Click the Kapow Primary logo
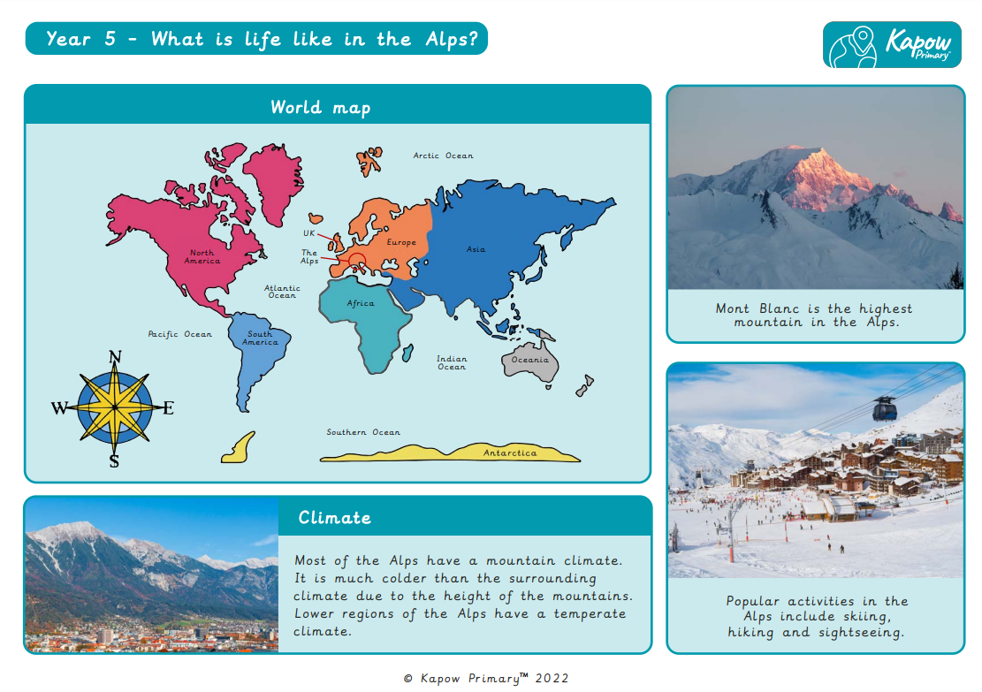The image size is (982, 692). coord(891,44)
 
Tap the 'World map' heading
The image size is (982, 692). coord(320,108)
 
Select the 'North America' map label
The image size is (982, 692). coord(202,257)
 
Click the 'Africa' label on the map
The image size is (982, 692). coord(360,303)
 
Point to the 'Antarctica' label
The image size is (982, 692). coord(509,453)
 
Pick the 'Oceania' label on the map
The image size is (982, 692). coord(529,360)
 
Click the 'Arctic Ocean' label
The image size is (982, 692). coord(443,156)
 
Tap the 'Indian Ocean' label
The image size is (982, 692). coord(451,362)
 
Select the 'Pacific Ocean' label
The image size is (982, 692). coord(179,334)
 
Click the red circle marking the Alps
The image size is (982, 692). coord(356,261)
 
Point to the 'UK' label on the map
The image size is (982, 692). coord(309,233)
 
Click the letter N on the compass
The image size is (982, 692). coord(114,357)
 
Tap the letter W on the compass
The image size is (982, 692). coord(59,407)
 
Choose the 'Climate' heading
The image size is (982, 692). coord(334,518)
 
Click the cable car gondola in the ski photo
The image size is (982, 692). coord(884,408)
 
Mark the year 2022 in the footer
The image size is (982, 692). coord(552,678)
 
